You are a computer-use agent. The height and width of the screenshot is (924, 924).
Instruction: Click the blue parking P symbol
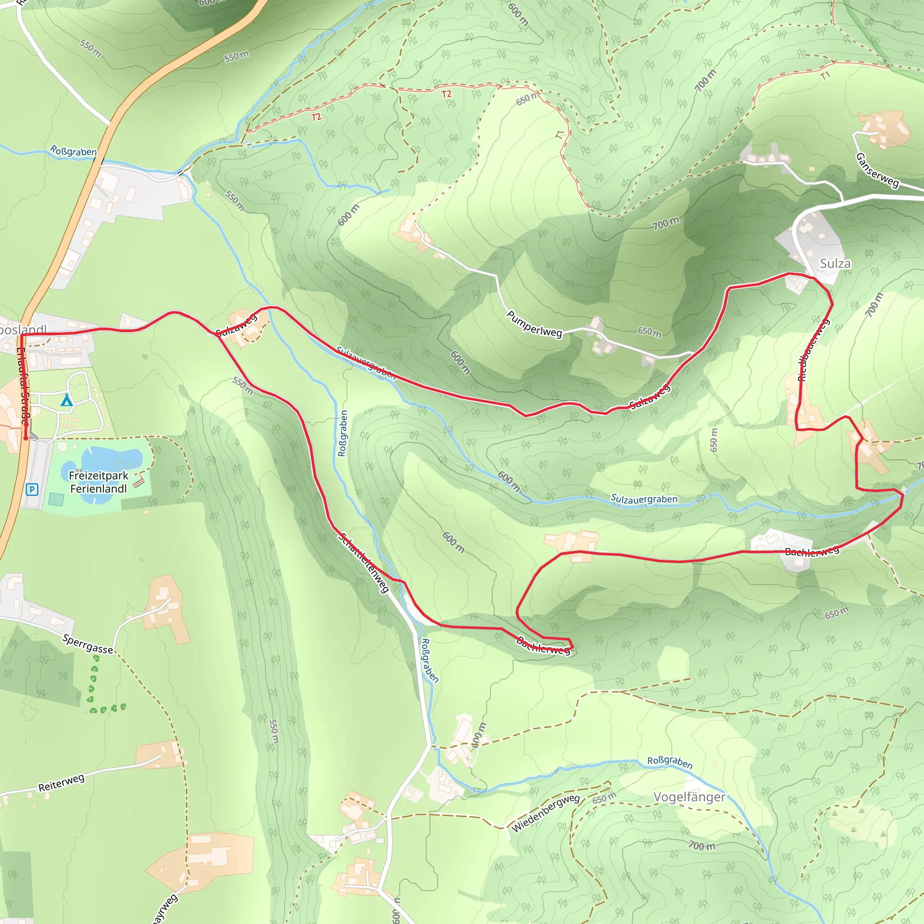tap(32, 489)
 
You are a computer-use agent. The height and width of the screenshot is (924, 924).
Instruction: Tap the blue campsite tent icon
tap(66, 400)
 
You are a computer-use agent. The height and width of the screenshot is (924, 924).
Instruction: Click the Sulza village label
tap(835, 263)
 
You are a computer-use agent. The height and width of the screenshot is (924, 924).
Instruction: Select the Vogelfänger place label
tap(689, 797)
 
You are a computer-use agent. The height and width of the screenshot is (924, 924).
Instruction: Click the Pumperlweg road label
tap(534, 324)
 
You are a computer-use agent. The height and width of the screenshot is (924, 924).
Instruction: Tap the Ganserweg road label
tap(877, 170)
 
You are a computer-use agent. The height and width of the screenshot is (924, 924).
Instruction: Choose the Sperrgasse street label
tap(88, 644)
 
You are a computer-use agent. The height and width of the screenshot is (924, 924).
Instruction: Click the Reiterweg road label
tap(61, 782)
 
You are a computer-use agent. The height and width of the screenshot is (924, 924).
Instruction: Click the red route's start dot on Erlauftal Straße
tap(26, 438)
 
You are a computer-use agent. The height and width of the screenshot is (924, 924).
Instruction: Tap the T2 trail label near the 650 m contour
tap(446, 94)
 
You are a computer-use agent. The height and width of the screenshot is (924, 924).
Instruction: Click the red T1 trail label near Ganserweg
tap(825, 75)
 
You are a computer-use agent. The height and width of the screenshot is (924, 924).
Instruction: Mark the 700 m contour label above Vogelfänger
tap(702, 845)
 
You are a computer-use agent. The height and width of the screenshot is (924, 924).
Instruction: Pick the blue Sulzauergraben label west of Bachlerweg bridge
tap(644, 499)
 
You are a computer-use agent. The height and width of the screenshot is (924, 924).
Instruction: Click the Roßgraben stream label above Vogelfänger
tap(670, 762)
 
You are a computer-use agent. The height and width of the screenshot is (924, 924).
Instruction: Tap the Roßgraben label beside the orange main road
tap(73, 152)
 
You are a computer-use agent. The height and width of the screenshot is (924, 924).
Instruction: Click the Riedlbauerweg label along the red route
tap(813, 350)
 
